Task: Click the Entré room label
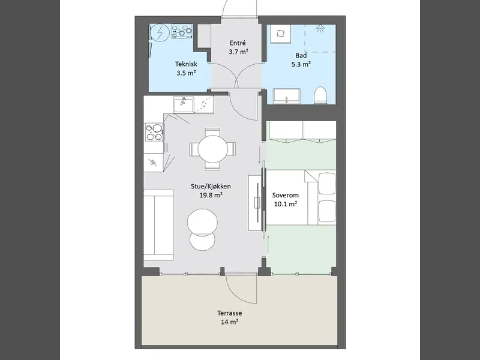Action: (x=238, y=43)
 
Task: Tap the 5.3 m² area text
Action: (x=301, y=64)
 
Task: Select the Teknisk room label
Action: (x=186, y=64)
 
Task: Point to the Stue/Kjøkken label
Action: (x=211, y=186)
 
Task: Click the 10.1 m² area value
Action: (x=286, y=204)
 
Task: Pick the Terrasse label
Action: (x=230, y=313)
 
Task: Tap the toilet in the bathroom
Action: (x=320, y=95)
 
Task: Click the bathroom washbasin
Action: (x=287, y=96)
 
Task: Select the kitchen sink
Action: (x=184, y=104)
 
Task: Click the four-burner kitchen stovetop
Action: (x=154, y=132)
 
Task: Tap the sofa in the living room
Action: (x=158, y=226)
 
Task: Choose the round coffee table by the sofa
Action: (x=202, y=221)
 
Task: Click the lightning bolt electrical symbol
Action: (x=160, y=32)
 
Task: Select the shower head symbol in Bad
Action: (x=320, y=28)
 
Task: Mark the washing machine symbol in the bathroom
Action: (x=281, y=34)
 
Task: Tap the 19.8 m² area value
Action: (x=211, y=195)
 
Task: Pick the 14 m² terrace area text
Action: (x=230, y=322)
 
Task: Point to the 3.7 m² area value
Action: (x=238, y=52)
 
